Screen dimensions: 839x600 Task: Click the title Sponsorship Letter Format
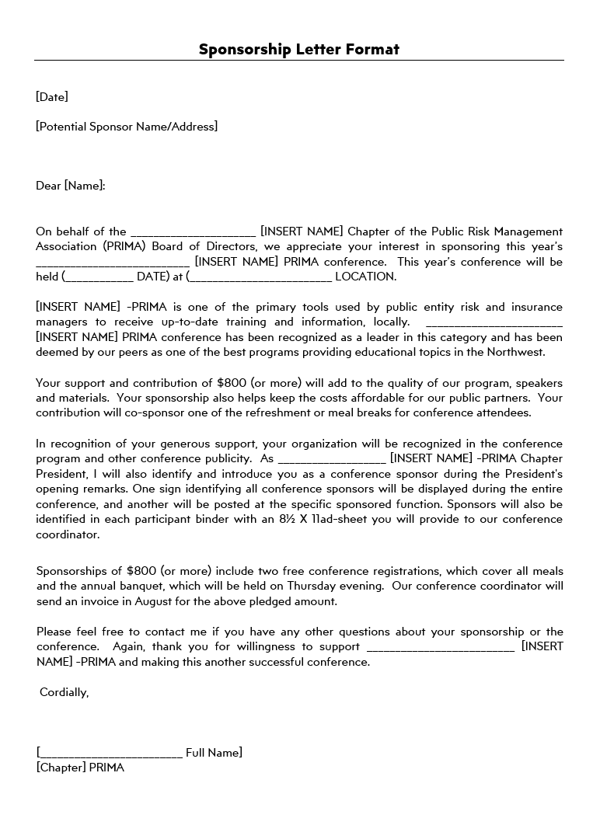[x=299, y=50]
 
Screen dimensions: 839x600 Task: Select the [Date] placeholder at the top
[x=52, y=97]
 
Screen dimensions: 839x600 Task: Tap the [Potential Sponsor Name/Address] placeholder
[x=127, y=127]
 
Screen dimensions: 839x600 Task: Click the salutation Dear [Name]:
[x=71, y=186]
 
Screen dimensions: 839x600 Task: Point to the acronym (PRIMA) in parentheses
[x=123, y=247]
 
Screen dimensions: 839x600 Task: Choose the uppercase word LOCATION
[x=365, y=277]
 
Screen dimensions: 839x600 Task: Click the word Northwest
[x=516, y=352]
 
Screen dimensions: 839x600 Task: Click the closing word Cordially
[x=64, y=692]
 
